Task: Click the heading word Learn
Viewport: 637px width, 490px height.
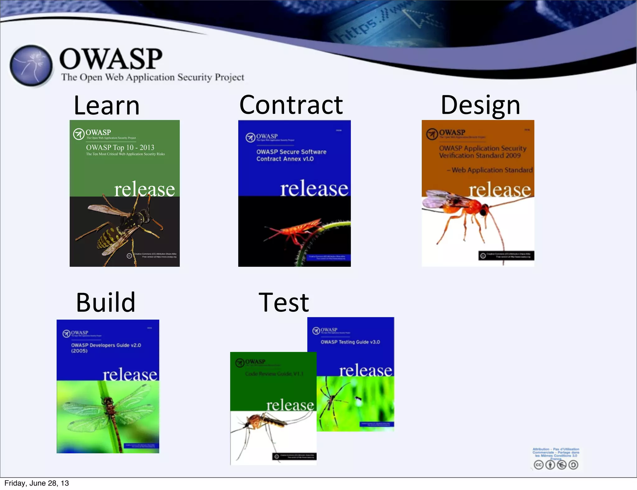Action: tap(107, 106)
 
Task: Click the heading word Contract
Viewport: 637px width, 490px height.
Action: tap(291, 105)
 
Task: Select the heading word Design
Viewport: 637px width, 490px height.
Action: tap(480, 106)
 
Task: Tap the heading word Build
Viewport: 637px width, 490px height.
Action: tap(106, 303)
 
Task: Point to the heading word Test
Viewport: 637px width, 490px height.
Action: tap(284, 303)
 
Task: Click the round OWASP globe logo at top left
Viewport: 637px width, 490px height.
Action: tap(31, 66)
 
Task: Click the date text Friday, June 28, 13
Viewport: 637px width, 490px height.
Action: tap(36, 483)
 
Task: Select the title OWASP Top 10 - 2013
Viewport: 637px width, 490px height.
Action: tap(120, 147)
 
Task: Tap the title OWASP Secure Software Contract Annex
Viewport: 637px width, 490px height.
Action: tap(291, 155)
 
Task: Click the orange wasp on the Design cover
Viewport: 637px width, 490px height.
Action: tap(467, 211)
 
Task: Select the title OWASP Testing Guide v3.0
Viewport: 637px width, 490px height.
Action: tap(350, 342)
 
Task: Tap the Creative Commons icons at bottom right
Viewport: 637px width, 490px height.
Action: tap(556, 465)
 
